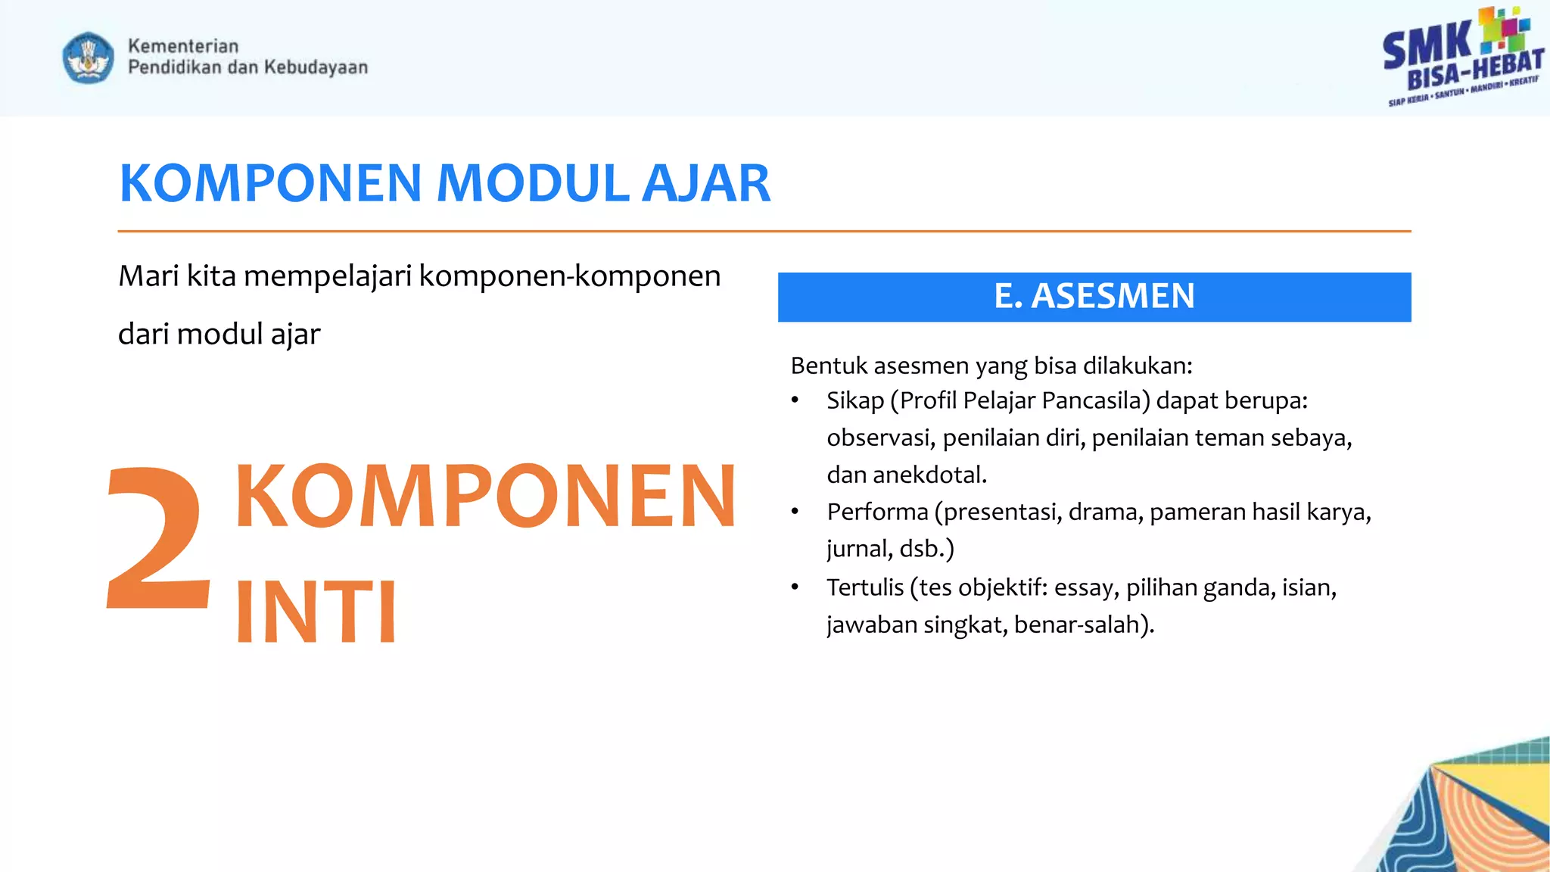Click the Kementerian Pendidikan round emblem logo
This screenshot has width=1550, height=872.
pos(89,58)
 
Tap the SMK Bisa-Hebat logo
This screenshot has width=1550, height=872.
pos(1462,58)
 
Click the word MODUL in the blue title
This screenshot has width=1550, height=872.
pos(533,184)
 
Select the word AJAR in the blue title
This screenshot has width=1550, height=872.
pos(705,184)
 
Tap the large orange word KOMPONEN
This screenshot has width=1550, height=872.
pos(485,496)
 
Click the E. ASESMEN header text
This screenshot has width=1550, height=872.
pos(1094,296)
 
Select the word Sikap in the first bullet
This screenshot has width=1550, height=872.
pos(854,400)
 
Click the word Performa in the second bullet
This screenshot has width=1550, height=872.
pos(876,512)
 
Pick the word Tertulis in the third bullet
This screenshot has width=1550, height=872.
pos(864,587)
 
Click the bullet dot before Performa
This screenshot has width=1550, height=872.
pos(795,512)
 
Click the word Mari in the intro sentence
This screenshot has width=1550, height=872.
pos(148,276)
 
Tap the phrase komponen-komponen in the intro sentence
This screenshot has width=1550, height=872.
pos(569,276)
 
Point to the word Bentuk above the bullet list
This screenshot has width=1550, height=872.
pos(828,366)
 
